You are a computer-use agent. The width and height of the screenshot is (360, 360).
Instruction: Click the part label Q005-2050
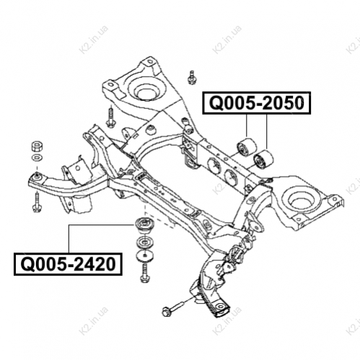[257, 103]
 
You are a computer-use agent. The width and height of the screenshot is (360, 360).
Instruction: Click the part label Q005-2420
[68, 264]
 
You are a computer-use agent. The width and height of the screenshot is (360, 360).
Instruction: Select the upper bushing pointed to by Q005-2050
[246, 147]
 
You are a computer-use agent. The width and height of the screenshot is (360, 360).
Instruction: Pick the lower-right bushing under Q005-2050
[263, 160]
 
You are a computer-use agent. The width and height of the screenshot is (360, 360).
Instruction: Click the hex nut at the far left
[38, 146]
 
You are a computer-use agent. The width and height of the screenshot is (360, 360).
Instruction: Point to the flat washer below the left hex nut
[38, 158]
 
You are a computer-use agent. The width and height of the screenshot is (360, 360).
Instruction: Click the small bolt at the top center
[191, 77]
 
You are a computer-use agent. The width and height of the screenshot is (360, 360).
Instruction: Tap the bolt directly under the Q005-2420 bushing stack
[144, 273]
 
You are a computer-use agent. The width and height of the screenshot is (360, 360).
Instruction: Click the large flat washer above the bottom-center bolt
[144, 255]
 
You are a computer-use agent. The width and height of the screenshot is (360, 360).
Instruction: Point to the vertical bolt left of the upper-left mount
[111, 116]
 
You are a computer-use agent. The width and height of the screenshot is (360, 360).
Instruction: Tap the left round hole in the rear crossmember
[214, 165]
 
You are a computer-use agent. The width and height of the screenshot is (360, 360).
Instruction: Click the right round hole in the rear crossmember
[231, 177]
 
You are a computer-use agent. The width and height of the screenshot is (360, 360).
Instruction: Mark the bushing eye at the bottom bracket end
[220, 308]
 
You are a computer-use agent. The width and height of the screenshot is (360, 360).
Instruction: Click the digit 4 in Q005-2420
[86, 264]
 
